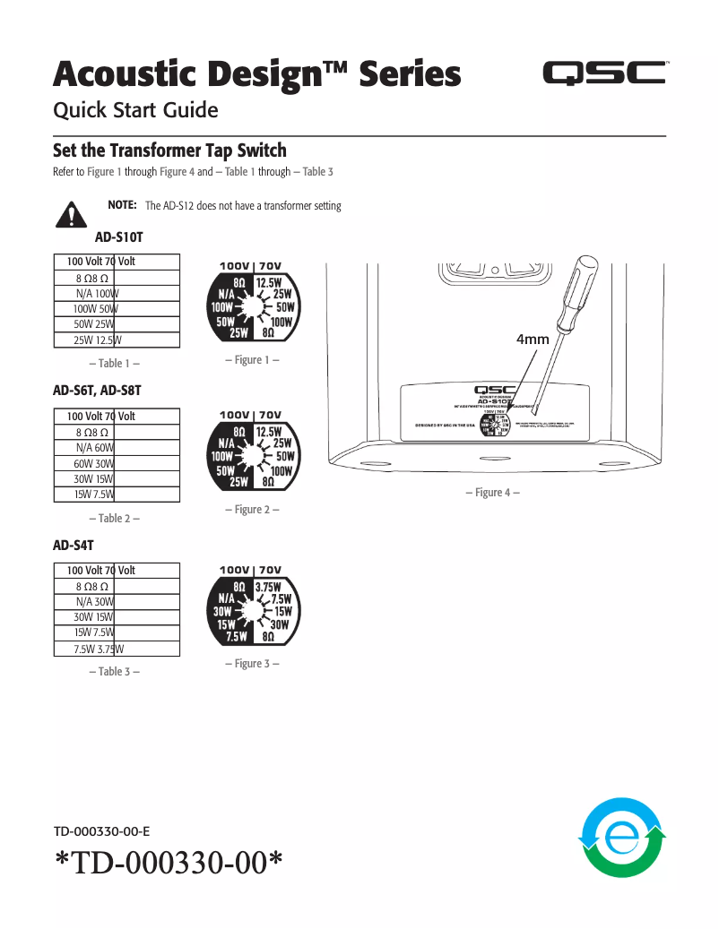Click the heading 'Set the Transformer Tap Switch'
click(169, 150)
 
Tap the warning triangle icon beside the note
click(69, 214)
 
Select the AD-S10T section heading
click(118, 238)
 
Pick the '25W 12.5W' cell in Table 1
click(98, 340)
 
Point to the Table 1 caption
click(115, 364)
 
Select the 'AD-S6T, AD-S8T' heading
click(97, 391)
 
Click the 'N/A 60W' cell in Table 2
click(95, 447)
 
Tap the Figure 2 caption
click(252, 510)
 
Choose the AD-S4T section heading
click(74, 545)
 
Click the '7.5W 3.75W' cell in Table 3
click(98, 649)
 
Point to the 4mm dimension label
click(533, 340)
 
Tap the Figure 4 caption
click(492, 493)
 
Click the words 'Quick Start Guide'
click(136, 111)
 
